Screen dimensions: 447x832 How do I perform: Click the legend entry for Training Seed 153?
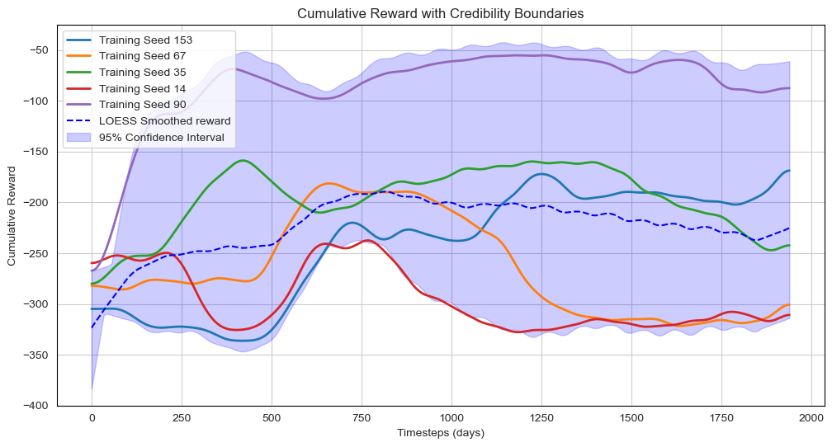(145, 40)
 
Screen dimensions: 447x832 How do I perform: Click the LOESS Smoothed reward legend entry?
(164, 120)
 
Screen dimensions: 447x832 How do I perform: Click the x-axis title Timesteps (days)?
(441, 433)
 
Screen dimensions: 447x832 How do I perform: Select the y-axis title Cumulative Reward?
(12, 215)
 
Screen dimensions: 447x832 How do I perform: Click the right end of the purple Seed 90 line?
(790, 88)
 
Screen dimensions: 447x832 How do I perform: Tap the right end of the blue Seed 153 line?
(790, 171)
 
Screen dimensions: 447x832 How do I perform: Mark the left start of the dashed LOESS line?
(92, 327)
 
